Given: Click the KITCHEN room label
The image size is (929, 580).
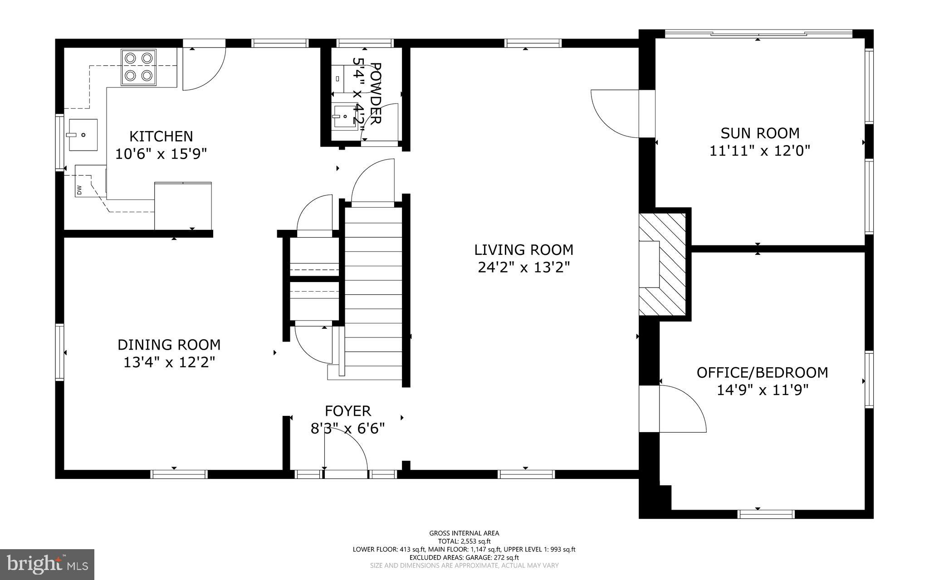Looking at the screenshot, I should tap(161, 136).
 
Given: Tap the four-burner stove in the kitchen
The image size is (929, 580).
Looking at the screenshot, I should tap(138, 67).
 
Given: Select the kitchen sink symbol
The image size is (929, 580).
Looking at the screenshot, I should tap(83, 135).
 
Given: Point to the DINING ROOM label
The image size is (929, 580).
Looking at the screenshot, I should tap(169, 345).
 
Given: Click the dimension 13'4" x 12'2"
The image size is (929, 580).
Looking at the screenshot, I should tap(169, 362).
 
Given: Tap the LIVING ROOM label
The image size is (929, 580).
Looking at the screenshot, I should tap(523, 250).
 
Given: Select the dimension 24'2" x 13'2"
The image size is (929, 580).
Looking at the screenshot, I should tap(523, 268).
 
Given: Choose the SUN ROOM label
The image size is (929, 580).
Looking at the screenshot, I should tap(760, 133).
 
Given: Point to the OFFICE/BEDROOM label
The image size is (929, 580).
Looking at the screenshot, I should tap(762, 372).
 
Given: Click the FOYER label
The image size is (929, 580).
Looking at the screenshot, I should tap(347, 411).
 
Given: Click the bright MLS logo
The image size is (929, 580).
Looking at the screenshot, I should tap(47, 564).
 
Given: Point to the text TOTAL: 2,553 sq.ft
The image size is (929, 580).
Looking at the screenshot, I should tap(464, 541).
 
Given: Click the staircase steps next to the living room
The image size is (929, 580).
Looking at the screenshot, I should tap(373, 295).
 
